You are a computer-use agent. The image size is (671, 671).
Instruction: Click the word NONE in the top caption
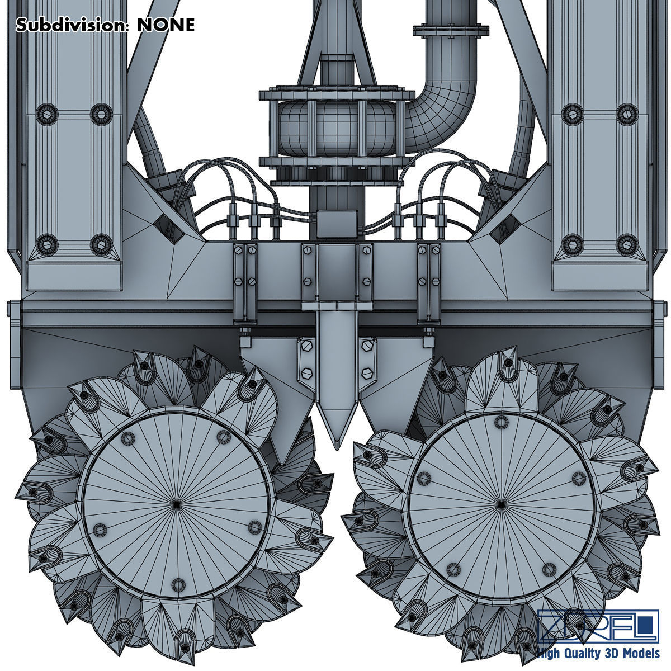coord(166,25)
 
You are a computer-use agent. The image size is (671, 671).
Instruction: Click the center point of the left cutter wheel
coord(177,504)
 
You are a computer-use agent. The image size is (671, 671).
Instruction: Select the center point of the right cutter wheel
coord(502,504)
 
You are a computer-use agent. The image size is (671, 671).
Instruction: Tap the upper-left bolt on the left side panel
coord(47,114)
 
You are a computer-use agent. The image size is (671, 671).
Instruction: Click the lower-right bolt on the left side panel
coord(101,243)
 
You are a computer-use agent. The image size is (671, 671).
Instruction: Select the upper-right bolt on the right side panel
coord(627,113)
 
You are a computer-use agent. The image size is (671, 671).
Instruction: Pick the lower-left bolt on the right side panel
coord(573,243)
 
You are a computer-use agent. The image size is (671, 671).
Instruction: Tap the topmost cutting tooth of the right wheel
coord(508,356)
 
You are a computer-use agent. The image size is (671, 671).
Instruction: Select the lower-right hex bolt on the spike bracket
coord(367,372)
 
